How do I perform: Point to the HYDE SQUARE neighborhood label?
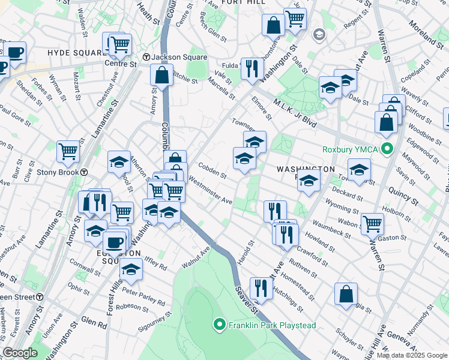click(76, 53)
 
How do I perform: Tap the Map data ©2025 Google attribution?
click(412, 355)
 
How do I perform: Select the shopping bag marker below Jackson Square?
click(162, 76)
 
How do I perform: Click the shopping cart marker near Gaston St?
click(372, 225)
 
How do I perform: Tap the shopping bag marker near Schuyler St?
click(346, 295)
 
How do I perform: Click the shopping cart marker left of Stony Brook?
click(68, 151)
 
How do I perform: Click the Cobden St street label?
click(212, 171)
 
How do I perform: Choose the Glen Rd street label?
click(94, 323)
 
